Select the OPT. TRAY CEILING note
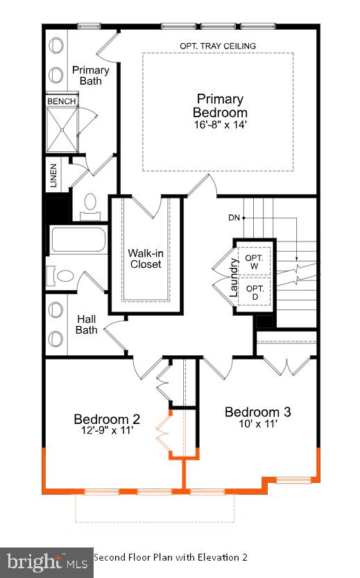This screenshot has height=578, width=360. click(x=218, y=46)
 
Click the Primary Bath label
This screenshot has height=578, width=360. click(x=90, y=75)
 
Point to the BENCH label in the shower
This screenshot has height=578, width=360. click(x=61, y=101)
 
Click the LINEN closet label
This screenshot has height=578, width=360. click(x=53, y=176)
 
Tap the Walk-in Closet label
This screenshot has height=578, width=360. click(x=144, y=258)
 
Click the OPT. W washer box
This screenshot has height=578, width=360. click(x=255, y=262)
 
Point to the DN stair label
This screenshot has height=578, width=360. click(x=234, y=218)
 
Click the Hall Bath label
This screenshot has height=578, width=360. click(x=86, y=325)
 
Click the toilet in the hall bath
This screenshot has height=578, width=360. click(x=62, y=276)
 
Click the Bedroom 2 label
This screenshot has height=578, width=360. click(x=107, y=419)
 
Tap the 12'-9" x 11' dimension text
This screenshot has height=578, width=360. click(x=107, y=432)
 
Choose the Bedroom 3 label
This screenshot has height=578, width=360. click(x=257, y=412)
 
